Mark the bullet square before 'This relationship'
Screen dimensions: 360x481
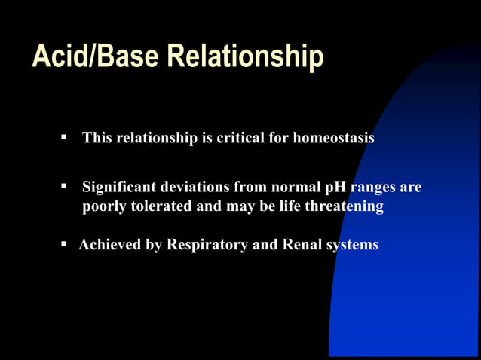[x=64, y=139]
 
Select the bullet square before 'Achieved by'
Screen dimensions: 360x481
[x=64, y=244]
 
